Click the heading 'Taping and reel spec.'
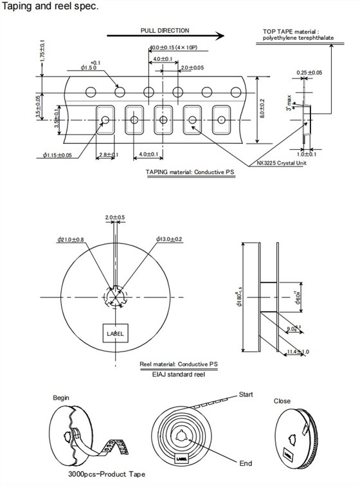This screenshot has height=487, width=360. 50,6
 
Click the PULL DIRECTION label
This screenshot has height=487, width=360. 165,30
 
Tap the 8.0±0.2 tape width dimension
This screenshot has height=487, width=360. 262,109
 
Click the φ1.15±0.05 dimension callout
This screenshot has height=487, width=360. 58,155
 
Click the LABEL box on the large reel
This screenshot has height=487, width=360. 115,333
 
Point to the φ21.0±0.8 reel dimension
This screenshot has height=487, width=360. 71,240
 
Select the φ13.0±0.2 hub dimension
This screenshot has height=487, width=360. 169,240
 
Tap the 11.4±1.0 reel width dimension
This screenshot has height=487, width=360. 298,351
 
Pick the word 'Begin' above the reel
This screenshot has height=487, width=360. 61,398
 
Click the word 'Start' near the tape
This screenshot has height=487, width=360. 247,394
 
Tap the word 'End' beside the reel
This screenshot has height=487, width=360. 246,463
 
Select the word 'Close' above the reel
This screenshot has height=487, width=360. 282,401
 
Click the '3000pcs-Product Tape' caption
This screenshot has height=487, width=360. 106,474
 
